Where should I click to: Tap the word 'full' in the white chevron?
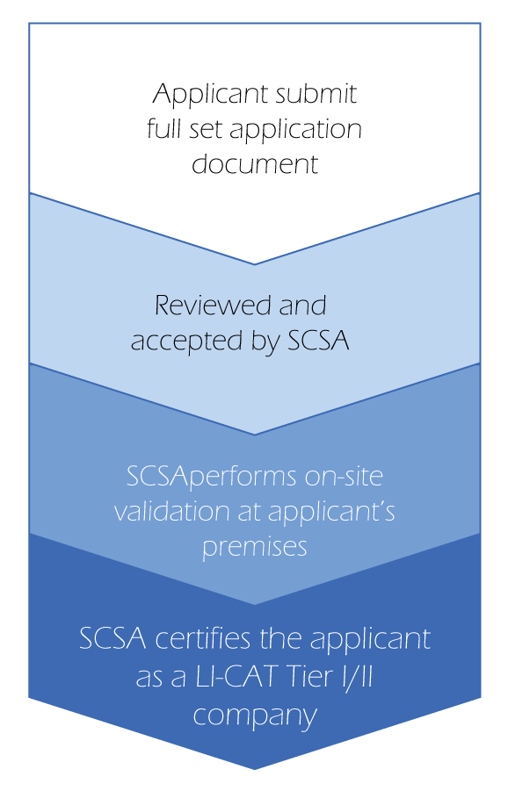coord(163,129)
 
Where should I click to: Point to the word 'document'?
coord(255,163)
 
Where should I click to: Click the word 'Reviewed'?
coord(211,306)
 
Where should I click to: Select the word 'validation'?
coord(172,511)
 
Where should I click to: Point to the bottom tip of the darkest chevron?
coord(255,770)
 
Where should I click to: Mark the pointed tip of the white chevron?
coord(255,264)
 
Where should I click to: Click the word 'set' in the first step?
coord(206,130)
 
